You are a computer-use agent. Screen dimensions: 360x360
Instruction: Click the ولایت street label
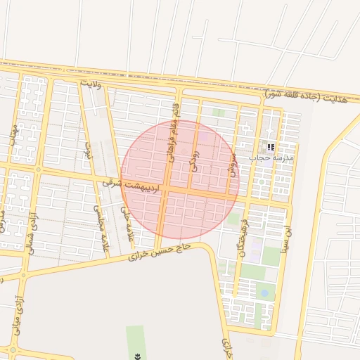pos(91,84)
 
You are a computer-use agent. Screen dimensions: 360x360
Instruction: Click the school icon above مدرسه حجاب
pos(270,148)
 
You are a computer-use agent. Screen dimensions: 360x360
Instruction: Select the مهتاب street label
pos(13,135)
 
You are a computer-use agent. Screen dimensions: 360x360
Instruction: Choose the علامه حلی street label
pos(127,220)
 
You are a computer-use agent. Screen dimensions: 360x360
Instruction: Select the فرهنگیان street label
pos(243,237)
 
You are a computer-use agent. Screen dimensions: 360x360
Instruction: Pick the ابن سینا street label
pos(286,240)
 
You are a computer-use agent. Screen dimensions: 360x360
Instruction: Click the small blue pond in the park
pos(264,292)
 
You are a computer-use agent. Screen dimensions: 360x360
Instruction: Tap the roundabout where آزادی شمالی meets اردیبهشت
pos(38,170)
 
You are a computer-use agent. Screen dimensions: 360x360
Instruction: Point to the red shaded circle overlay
pos(180,179)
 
